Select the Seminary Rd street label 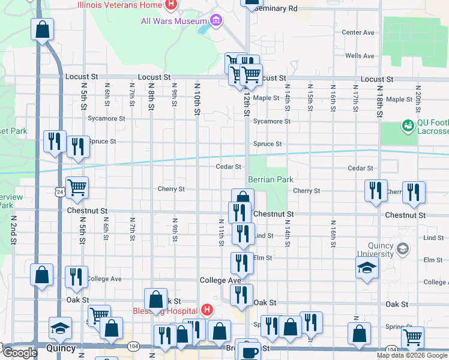tap(276, 9)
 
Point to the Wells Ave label tap(360, 56)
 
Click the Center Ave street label tap(358, 32)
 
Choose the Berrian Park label tap(270, 179)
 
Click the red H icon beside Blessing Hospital tap(206, 310)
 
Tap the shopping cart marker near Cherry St tap(77, 188)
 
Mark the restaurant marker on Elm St tap(242, 263)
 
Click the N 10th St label tap(197, 99)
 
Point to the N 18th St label tap(380, 99)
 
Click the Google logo tap(19, 353)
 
